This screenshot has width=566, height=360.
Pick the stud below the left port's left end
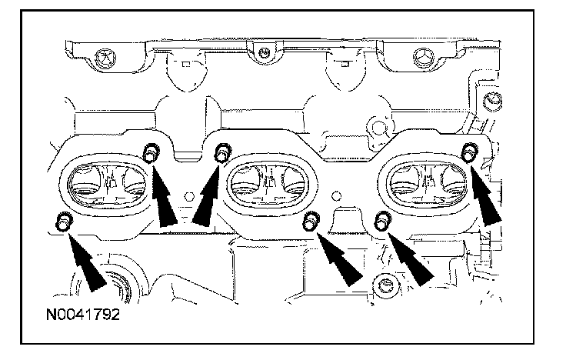tap(63, 222)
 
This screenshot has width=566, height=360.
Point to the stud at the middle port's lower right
tap(311, 222)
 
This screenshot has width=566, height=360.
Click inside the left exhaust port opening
tap(107, 185)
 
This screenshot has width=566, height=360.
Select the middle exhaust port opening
tap(268, 185)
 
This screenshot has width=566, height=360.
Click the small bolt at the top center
tap(263, 53)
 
